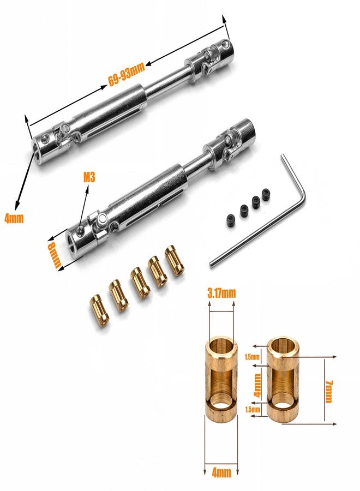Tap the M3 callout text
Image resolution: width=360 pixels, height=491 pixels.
(x=89, y=177)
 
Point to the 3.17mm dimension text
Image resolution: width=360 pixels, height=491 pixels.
(x=221, y=294)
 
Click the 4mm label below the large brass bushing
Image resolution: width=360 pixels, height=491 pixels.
(x=221, y=470)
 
